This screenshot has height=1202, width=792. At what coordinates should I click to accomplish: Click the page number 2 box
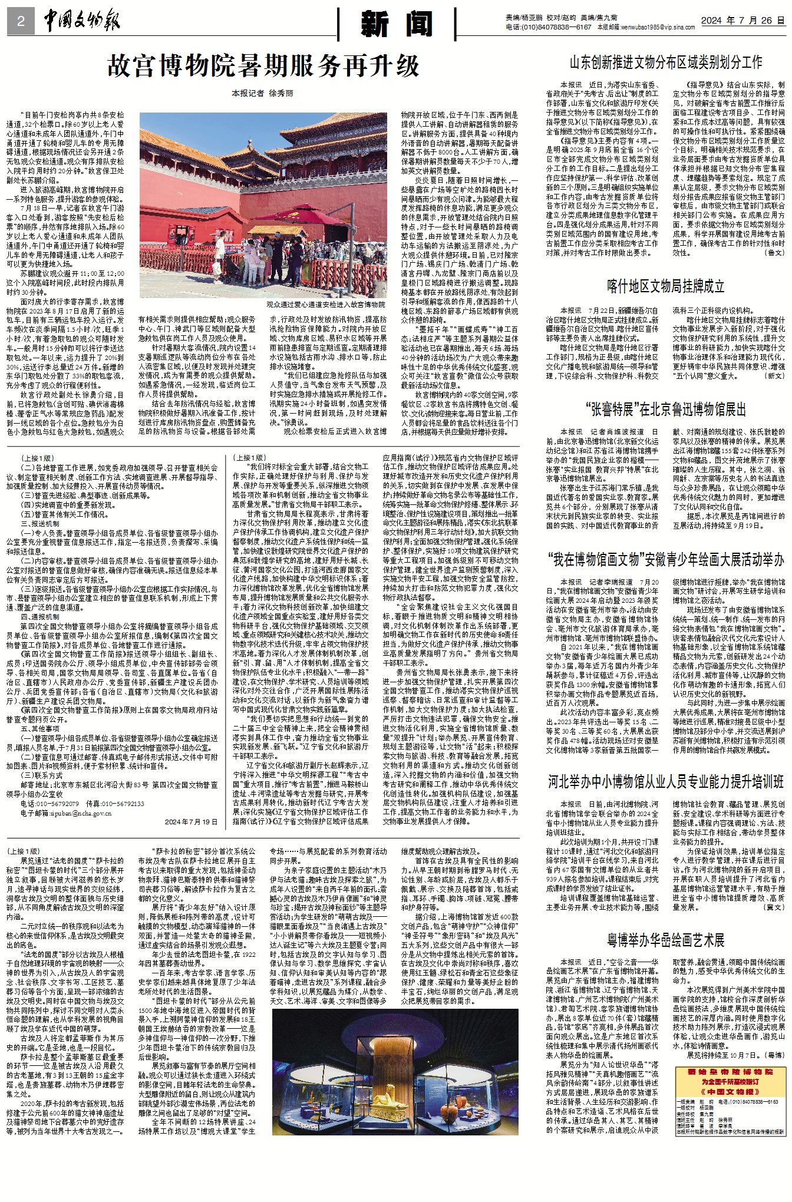coord(21,22)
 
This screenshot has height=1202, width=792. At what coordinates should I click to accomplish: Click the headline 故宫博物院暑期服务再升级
coord(263,66)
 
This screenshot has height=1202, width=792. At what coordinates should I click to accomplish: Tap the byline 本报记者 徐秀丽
coord(262,93)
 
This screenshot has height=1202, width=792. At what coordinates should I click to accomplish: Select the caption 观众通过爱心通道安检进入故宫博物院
coord(325,305)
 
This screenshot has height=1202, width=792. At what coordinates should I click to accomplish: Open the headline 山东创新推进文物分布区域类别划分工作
coord(665,62)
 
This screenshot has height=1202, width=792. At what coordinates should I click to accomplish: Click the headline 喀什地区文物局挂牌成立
coord(665,286)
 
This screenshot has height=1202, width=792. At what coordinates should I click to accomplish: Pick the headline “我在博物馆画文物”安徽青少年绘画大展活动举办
coord(665,559)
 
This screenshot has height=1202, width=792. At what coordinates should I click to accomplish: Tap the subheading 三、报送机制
coord(39,523)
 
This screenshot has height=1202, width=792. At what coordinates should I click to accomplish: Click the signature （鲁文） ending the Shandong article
coord(774,252)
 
